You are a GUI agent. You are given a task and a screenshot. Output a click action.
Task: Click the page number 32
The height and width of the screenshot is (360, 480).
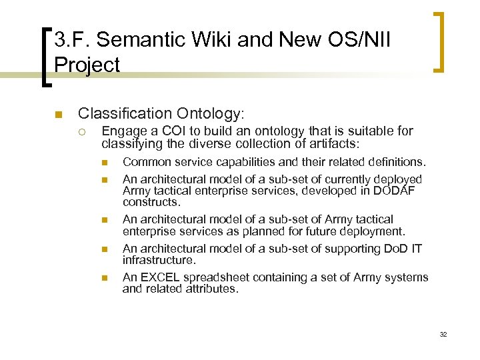(x=443, y=334)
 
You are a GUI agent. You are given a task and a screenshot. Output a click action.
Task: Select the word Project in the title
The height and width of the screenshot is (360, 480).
(x=87, y=65)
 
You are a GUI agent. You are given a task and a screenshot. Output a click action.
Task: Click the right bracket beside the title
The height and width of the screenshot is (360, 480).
(x=440, y=41)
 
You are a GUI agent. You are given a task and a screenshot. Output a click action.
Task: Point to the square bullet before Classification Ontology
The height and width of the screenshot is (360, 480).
(x=59, y=114)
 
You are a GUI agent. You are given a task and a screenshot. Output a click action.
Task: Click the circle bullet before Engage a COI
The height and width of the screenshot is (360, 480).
(x=85, y=131)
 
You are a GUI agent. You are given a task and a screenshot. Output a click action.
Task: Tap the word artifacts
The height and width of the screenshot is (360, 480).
(x=331, y=143)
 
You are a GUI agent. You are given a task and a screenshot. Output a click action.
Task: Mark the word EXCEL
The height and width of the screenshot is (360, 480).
(x=159, y=277)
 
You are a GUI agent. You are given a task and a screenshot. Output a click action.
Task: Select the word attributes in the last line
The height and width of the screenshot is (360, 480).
(x=210, y=289)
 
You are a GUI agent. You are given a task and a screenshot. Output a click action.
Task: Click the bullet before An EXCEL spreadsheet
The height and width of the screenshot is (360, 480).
(x=105, y=277)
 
